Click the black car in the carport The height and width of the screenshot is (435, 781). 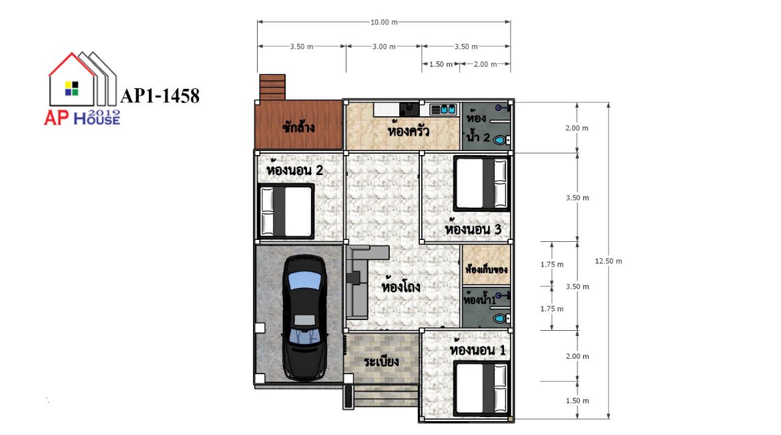305,318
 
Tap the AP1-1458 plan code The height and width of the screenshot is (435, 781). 160,96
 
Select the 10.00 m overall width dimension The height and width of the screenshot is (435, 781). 384,22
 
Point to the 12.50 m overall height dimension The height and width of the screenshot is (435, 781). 608,261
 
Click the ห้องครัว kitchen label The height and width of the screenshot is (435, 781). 409,130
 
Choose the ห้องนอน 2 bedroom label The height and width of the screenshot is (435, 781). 295,170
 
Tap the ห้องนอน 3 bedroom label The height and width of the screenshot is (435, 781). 473,229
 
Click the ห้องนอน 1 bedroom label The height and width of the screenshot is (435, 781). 478,349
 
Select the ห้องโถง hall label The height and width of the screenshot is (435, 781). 401,287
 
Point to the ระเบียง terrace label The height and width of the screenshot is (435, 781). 381,361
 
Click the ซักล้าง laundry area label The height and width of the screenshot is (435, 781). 298,127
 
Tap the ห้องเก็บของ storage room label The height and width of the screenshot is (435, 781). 486,269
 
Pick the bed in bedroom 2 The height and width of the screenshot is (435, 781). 286,211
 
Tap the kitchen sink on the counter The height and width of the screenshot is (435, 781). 443,109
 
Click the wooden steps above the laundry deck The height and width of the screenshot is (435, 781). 272,88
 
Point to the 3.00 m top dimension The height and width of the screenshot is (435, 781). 384,46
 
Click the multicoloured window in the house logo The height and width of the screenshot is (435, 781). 71,88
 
